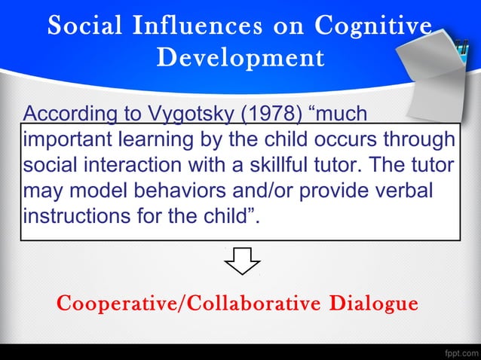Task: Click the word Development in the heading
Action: (240, 57)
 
